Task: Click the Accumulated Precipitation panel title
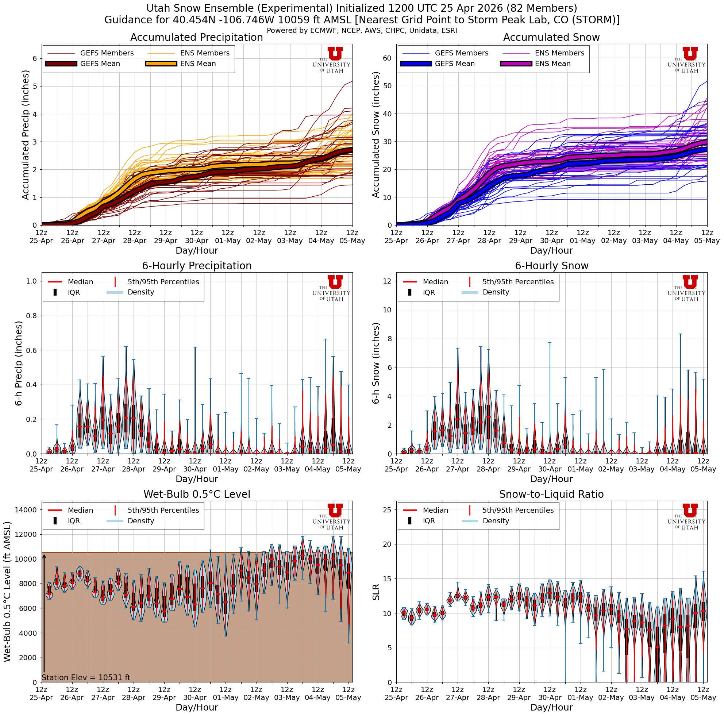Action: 196,38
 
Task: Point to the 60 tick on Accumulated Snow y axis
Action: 387,58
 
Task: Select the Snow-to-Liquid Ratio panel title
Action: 551,494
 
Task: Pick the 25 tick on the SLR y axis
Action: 387,509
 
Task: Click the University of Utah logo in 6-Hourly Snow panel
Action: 686,288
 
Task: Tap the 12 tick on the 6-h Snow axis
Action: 387,281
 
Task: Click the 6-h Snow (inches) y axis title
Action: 376,363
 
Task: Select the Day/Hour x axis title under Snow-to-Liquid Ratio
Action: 551,707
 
